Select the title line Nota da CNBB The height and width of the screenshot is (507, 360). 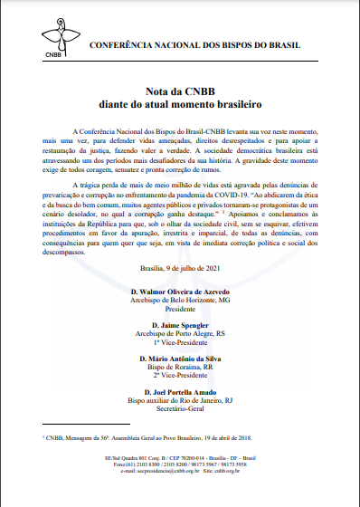pos(180,93)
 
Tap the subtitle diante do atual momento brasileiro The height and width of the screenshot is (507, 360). pos(180,106)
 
